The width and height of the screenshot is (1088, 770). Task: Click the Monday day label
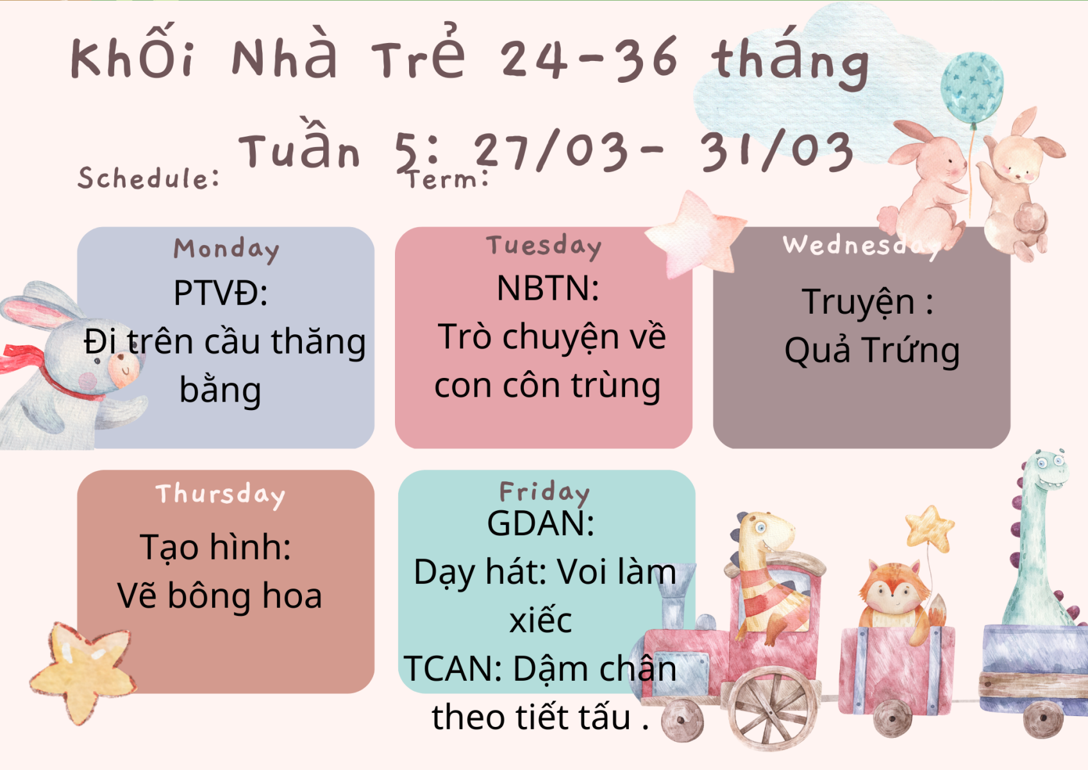[226, 250]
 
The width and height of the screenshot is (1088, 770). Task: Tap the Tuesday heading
[544, 246]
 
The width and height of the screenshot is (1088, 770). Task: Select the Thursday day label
[221, 495]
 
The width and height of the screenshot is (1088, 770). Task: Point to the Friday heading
[544, 493]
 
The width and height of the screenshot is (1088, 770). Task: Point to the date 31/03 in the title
[776, 151]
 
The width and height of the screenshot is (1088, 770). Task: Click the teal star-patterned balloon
[972, 88]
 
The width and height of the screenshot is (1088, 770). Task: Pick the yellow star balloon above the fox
[930, 528]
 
